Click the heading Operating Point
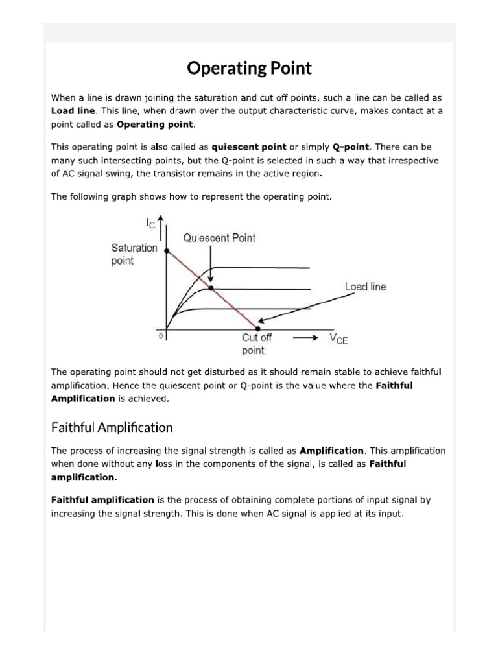[x=249, y=68]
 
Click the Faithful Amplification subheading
[x=112, y=427]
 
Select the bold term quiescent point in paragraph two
[x=249, y=147]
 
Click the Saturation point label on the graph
[x=134, y=254]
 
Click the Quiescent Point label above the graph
[x=219, y=238]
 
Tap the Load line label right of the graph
[x=365, y=287]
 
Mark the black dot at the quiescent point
[x=211, y=288]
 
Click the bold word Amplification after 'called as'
[x=332, y=451]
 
